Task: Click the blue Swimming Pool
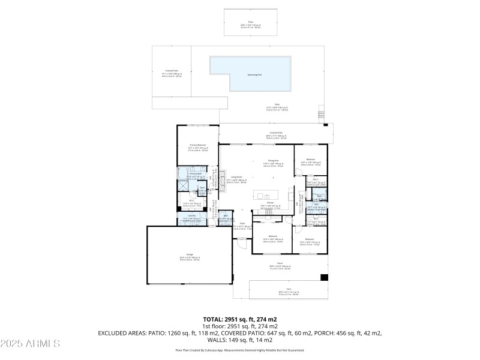(x=250, y=74)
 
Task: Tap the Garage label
(x=190, y=254)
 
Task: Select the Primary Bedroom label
(x=198, y=145)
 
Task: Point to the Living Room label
(x=236, y=178)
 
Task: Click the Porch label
(x=280, y=265)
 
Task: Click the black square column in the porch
(x=325, y=278)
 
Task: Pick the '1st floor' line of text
(x=240, y=326)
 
